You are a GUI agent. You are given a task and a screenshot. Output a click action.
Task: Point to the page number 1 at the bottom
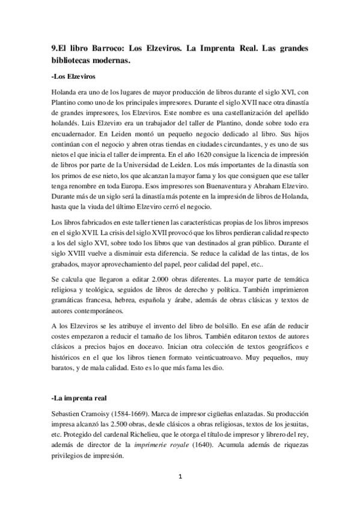point(179,478)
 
